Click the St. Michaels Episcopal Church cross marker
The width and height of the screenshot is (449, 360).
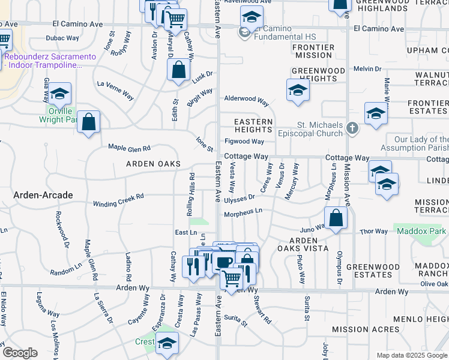352,128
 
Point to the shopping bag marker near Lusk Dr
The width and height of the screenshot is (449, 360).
179,70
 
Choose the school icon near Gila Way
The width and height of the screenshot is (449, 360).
60,94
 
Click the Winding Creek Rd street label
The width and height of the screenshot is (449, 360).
119,200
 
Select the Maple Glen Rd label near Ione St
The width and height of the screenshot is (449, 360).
128,148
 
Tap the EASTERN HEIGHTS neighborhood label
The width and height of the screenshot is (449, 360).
253,125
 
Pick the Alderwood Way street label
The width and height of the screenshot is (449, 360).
246,99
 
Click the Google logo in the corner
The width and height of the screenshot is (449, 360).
20,353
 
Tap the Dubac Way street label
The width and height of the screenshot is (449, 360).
62,38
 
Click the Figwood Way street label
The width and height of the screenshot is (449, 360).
244,142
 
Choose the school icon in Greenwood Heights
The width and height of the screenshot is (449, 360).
298,91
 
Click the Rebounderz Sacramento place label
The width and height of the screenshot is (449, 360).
50,60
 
